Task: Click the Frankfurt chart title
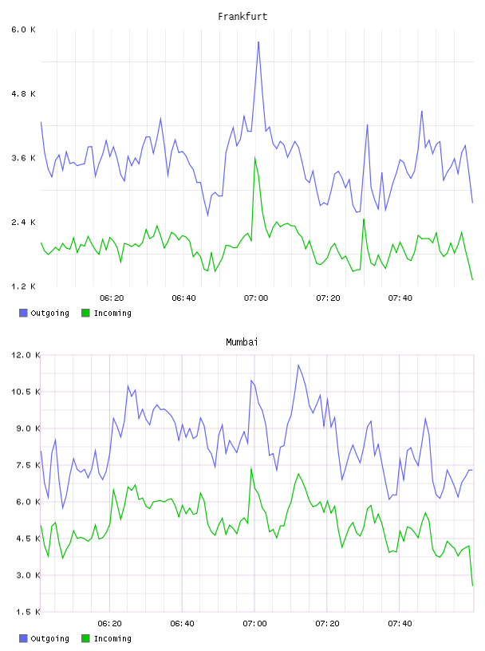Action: (x=242, y=17)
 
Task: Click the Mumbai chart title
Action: (x=242, y=342)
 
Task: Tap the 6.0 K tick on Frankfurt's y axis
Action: (x=24, y=30)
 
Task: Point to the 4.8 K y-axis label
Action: (x=24, y=94)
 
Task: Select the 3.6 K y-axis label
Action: (x=24, y=158)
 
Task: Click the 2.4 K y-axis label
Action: (x=24, y=222)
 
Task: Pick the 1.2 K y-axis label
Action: (x=24, y=286)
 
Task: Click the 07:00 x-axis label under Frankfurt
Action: (x=256, y=298)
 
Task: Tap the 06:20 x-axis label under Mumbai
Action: (x=109, y=624)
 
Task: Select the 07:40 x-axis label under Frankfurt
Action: (x=400, y=298)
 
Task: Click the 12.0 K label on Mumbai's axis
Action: (x=26, y=355)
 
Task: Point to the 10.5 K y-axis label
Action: (x=26, y=392)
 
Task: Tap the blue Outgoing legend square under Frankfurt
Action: (x=23, y=313)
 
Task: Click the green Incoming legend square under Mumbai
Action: (x=85, y=638)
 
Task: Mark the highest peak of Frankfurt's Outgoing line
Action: (x=258, y=42)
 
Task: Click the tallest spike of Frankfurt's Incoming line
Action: (x=255, y=157)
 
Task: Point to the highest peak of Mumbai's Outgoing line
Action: (x=298, y=365)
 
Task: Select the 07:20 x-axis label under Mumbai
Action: (x=327, y=624)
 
